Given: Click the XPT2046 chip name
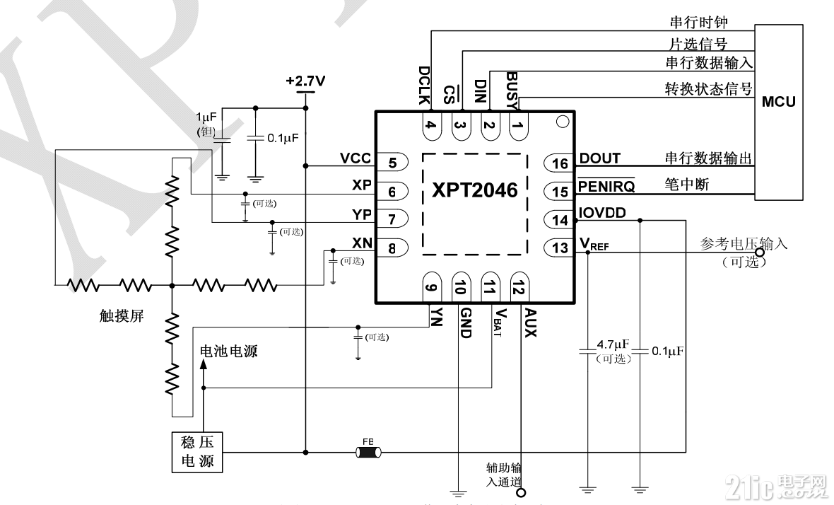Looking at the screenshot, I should coord(475,190).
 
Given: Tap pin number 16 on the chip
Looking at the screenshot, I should coord(560,164).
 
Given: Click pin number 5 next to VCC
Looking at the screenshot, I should coord(392,162).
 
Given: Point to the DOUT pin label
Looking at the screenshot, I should coord(599,159).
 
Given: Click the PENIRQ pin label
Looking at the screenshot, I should coord(606,187).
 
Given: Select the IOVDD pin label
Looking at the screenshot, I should coord(601,213).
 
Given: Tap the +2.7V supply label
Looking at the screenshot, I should coord(305,81).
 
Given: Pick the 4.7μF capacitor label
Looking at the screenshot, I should coord(612,345).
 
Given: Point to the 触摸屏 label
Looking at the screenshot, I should coord(122,316).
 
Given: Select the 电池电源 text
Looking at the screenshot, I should coord(229,351).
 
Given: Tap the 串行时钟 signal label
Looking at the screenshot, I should coord(697,23).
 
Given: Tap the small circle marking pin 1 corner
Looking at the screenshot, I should coord(562,122).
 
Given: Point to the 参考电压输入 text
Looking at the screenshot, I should coord(743,244).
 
